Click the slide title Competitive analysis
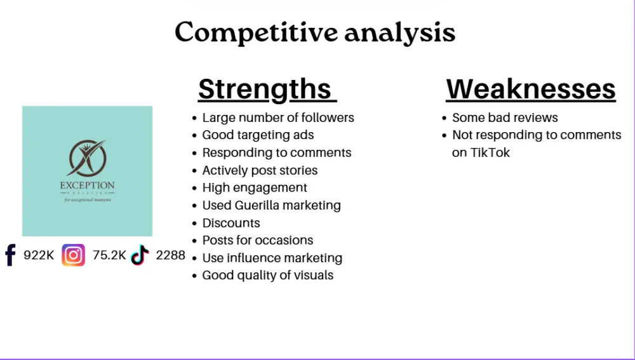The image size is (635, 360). pyautogui.click(x=315, y=32)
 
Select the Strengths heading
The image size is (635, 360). pyautogui.click(x=267, y=89)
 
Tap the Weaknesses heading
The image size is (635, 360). pyautogui.click(x=531, y=89)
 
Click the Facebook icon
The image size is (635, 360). pyautogui.click(x=10, y=255)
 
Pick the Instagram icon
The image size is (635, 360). pyautogui.click(x=73, y=255)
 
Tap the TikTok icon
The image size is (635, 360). pyautogui.click(x=140, y=255)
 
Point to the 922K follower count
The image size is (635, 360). pyautogui.click(x=39, y=255)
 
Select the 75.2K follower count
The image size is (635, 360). pyautogui.click(x=109, y=255)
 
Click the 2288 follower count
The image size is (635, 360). pyautogui.click(x=170, y=255)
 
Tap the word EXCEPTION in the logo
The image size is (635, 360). pyautogui.click(x=87, y=185)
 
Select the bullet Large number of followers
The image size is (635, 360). pyautogui.click(x=277, y=117)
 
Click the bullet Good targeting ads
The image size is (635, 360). pyautogui.click(x=258, y=135)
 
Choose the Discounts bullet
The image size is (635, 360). pyautogui.click(x=231, y=223)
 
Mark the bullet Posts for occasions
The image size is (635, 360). pyautogui.click(x=257, y=240)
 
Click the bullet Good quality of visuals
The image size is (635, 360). pyautogui.click(x=267, y=275)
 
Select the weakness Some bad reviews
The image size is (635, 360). pyautogui.click(x=505, y=117)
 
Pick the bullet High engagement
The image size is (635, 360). pyautogui.click(x=254, y=187)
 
